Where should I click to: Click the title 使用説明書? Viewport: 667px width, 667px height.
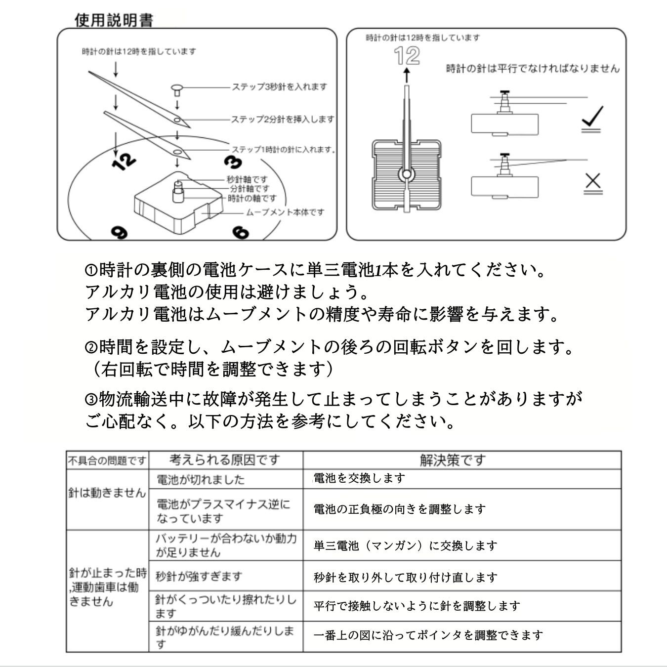[114, 20]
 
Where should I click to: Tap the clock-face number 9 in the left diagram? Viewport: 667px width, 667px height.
[119, 232]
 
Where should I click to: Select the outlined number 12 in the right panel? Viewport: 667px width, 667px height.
[407, 56]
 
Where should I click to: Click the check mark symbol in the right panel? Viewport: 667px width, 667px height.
[592, 119]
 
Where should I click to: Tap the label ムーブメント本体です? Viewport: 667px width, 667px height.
[285, 212]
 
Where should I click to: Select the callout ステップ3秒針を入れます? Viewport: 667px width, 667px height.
[280, 87]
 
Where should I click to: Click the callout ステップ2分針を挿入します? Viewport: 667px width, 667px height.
[283, 119]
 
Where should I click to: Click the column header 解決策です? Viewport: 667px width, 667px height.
[453, 460]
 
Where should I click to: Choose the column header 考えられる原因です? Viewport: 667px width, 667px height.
[225, 460]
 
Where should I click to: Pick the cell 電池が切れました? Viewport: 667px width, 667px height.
[200, 479]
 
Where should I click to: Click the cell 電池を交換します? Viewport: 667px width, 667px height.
[359, 478]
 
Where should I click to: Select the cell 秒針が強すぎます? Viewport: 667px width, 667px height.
[199, 576]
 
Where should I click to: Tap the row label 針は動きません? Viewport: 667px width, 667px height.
[107, 493]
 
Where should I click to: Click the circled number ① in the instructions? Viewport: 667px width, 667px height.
[91, 270]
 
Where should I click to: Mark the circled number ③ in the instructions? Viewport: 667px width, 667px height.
[91, 399]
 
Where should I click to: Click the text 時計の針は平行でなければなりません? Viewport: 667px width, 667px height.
[532, 69]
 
